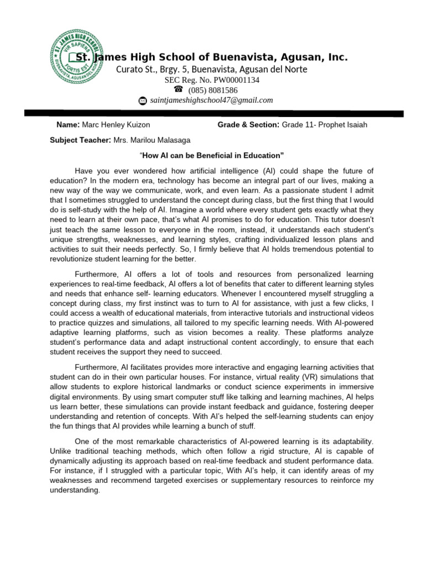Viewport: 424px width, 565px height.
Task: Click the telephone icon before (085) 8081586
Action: point(178,89)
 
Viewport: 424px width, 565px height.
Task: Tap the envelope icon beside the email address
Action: point(142,100)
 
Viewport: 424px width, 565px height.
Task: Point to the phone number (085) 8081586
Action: point(213,90)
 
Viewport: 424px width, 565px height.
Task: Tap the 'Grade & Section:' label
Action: point(248,125)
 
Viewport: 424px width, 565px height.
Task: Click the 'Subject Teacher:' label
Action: point(81,140)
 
